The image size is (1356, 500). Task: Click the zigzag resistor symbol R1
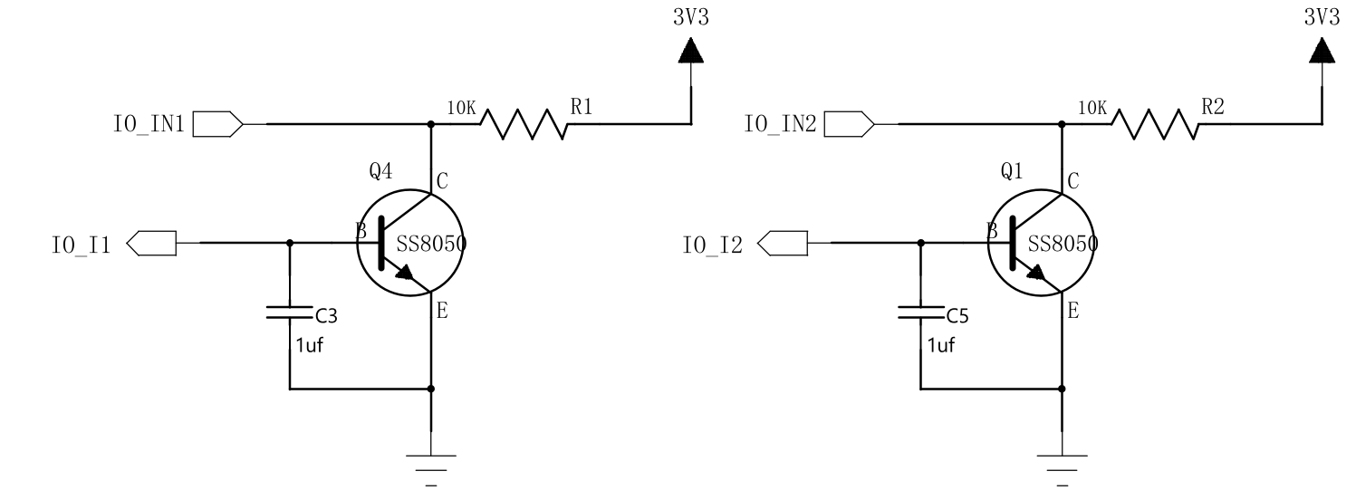tap(524, 124)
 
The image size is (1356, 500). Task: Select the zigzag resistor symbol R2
tap(1154, 124)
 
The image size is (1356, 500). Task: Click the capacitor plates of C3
tap(289, 312)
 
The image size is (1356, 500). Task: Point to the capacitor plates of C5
tap(920, 312)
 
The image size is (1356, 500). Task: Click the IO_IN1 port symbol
tap(218, 124)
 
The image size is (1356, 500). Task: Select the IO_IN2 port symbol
tap(850, 124)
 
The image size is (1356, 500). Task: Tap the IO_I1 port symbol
tap(151, 244)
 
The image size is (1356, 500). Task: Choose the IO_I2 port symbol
tap(782, 244)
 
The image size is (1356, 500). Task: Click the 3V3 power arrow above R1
tap(691, 50)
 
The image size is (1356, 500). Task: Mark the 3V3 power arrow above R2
tap(1322, 50)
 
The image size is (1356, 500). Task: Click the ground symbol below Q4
tap(431, 470)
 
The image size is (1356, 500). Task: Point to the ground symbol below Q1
tap(1062, 470)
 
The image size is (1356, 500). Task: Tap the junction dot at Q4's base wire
tap(289, 243)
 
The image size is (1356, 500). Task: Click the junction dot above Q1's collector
tap(1062, 124)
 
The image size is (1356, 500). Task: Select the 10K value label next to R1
tap(461, 109)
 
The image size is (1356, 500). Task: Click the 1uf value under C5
tap(941, 346)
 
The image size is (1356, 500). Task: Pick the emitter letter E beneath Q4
tap(442, 311)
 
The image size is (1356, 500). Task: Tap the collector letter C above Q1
tap(1072, 181)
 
